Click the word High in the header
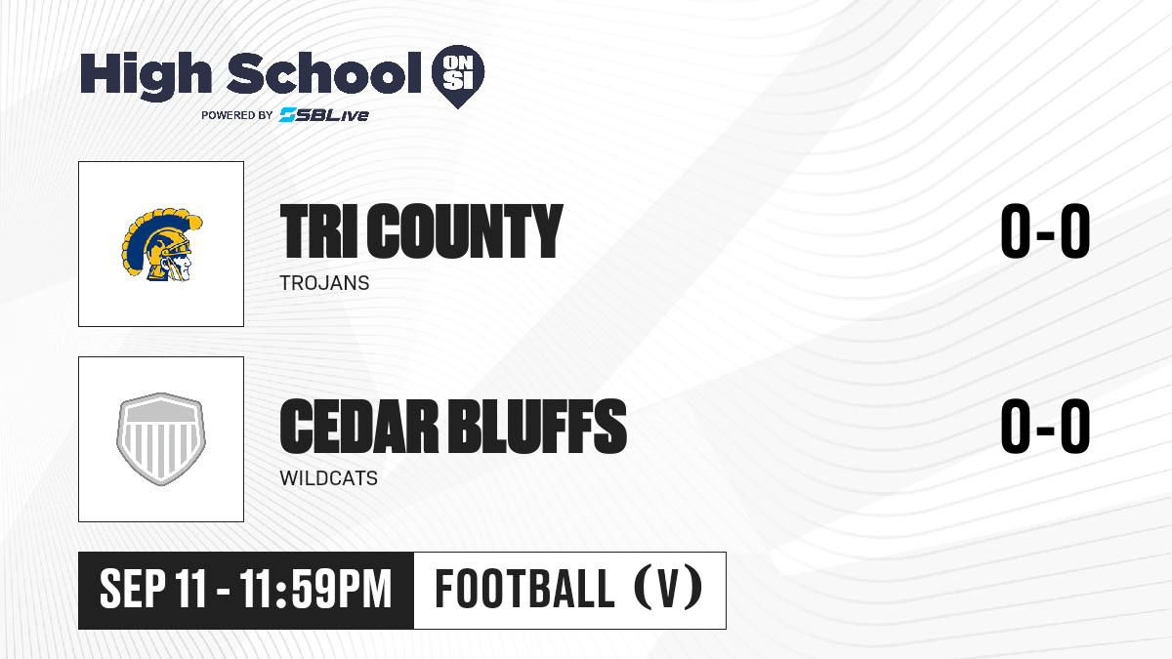(x=146, y=75)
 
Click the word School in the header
(x=324, y=72)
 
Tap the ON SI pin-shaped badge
(x=458, y=76)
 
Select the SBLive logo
(x=324, y=114)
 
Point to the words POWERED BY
(x=237, y=115)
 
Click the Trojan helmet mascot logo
(x=162, y=245)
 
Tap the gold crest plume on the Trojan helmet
(x=157, y=225)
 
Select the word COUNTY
(x=465, y=231)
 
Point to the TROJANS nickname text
(x=324, y=283)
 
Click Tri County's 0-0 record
(x=1045, y=231)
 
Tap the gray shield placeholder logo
(x=161, y=438)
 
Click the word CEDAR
(x=359, y=427)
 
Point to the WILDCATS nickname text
(x=328, y=478)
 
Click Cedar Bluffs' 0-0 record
(x=1045, y=427)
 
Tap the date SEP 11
(x=152, y=590)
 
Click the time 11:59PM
(x=315, y=590)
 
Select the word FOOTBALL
(x=524, y=590)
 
